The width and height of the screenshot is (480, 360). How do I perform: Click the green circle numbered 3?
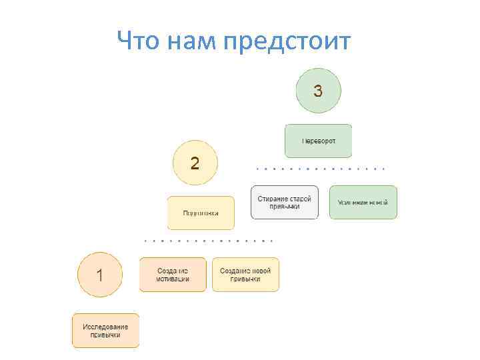pos(318,91)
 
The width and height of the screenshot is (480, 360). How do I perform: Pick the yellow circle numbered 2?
pos(195,163)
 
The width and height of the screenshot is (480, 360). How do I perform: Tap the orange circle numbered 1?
pos(100,274)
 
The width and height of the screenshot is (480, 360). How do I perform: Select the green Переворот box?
pos(318,141)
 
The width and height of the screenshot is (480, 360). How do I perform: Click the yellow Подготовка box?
pos(200,213)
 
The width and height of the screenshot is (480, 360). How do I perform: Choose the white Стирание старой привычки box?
pos(285,202)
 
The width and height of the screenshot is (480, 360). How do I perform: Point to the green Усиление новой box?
pos(363,202)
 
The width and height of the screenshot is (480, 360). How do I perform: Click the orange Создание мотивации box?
pos(173,275)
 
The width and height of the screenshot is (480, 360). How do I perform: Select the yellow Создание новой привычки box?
pos(245,275)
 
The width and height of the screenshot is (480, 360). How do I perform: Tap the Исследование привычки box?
pos(106,331)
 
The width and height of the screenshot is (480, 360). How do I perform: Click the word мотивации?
pos(173,279)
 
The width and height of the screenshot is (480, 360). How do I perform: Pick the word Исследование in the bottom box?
pos(106,327)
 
